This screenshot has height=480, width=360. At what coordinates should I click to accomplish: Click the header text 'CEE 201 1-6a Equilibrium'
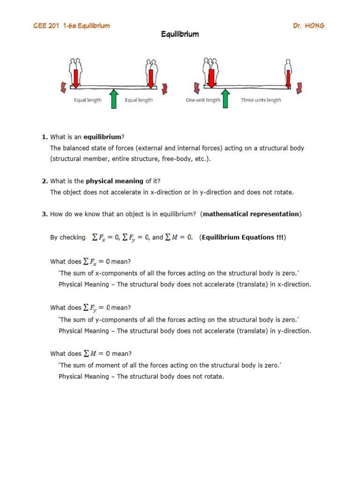tap(71, 25)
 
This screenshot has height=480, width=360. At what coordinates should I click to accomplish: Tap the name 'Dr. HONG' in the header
tap(308, 25)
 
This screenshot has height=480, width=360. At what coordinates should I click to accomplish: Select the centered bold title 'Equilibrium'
tap(180, 34)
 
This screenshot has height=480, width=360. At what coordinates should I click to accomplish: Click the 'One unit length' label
tap(203, 100)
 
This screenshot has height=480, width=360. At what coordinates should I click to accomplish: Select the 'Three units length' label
tap(261, 100)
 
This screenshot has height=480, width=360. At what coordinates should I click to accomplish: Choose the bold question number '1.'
tap(45, 137)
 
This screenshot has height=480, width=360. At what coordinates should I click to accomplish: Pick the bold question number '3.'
tap(45, 214)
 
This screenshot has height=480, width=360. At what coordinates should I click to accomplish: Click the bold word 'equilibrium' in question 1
tap(102, 137)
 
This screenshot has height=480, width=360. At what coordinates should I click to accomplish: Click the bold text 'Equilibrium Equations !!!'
tap(242, 238)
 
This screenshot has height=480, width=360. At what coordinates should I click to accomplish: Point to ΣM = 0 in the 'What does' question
tap(97, 354)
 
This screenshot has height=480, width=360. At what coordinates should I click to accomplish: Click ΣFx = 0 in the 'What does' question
tap(97, 262)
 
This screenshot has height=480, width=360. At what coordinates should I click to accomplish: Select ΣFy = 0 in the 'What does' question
tap(97, 308)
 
